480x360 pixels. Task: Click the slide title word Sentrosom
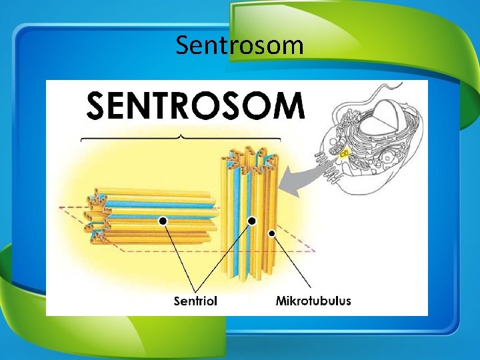pos(240,45)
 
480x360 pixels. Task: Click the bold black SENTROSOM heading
pos(196,105)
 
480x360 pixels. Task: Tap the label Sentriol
pos(195,301)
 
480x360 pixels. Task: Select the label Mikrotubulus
pos(313,301)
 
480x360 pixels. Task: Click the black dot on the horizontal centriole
pos(162,220)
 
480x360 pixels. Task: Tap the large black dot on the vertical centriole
pos(252,221)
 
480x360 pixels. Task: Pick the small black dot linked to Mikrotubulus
pos(272,233)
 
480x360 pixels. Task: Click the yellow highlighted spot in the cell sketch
pos(345,154)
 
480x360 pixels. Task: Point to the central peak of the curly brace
pos(181,136)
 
